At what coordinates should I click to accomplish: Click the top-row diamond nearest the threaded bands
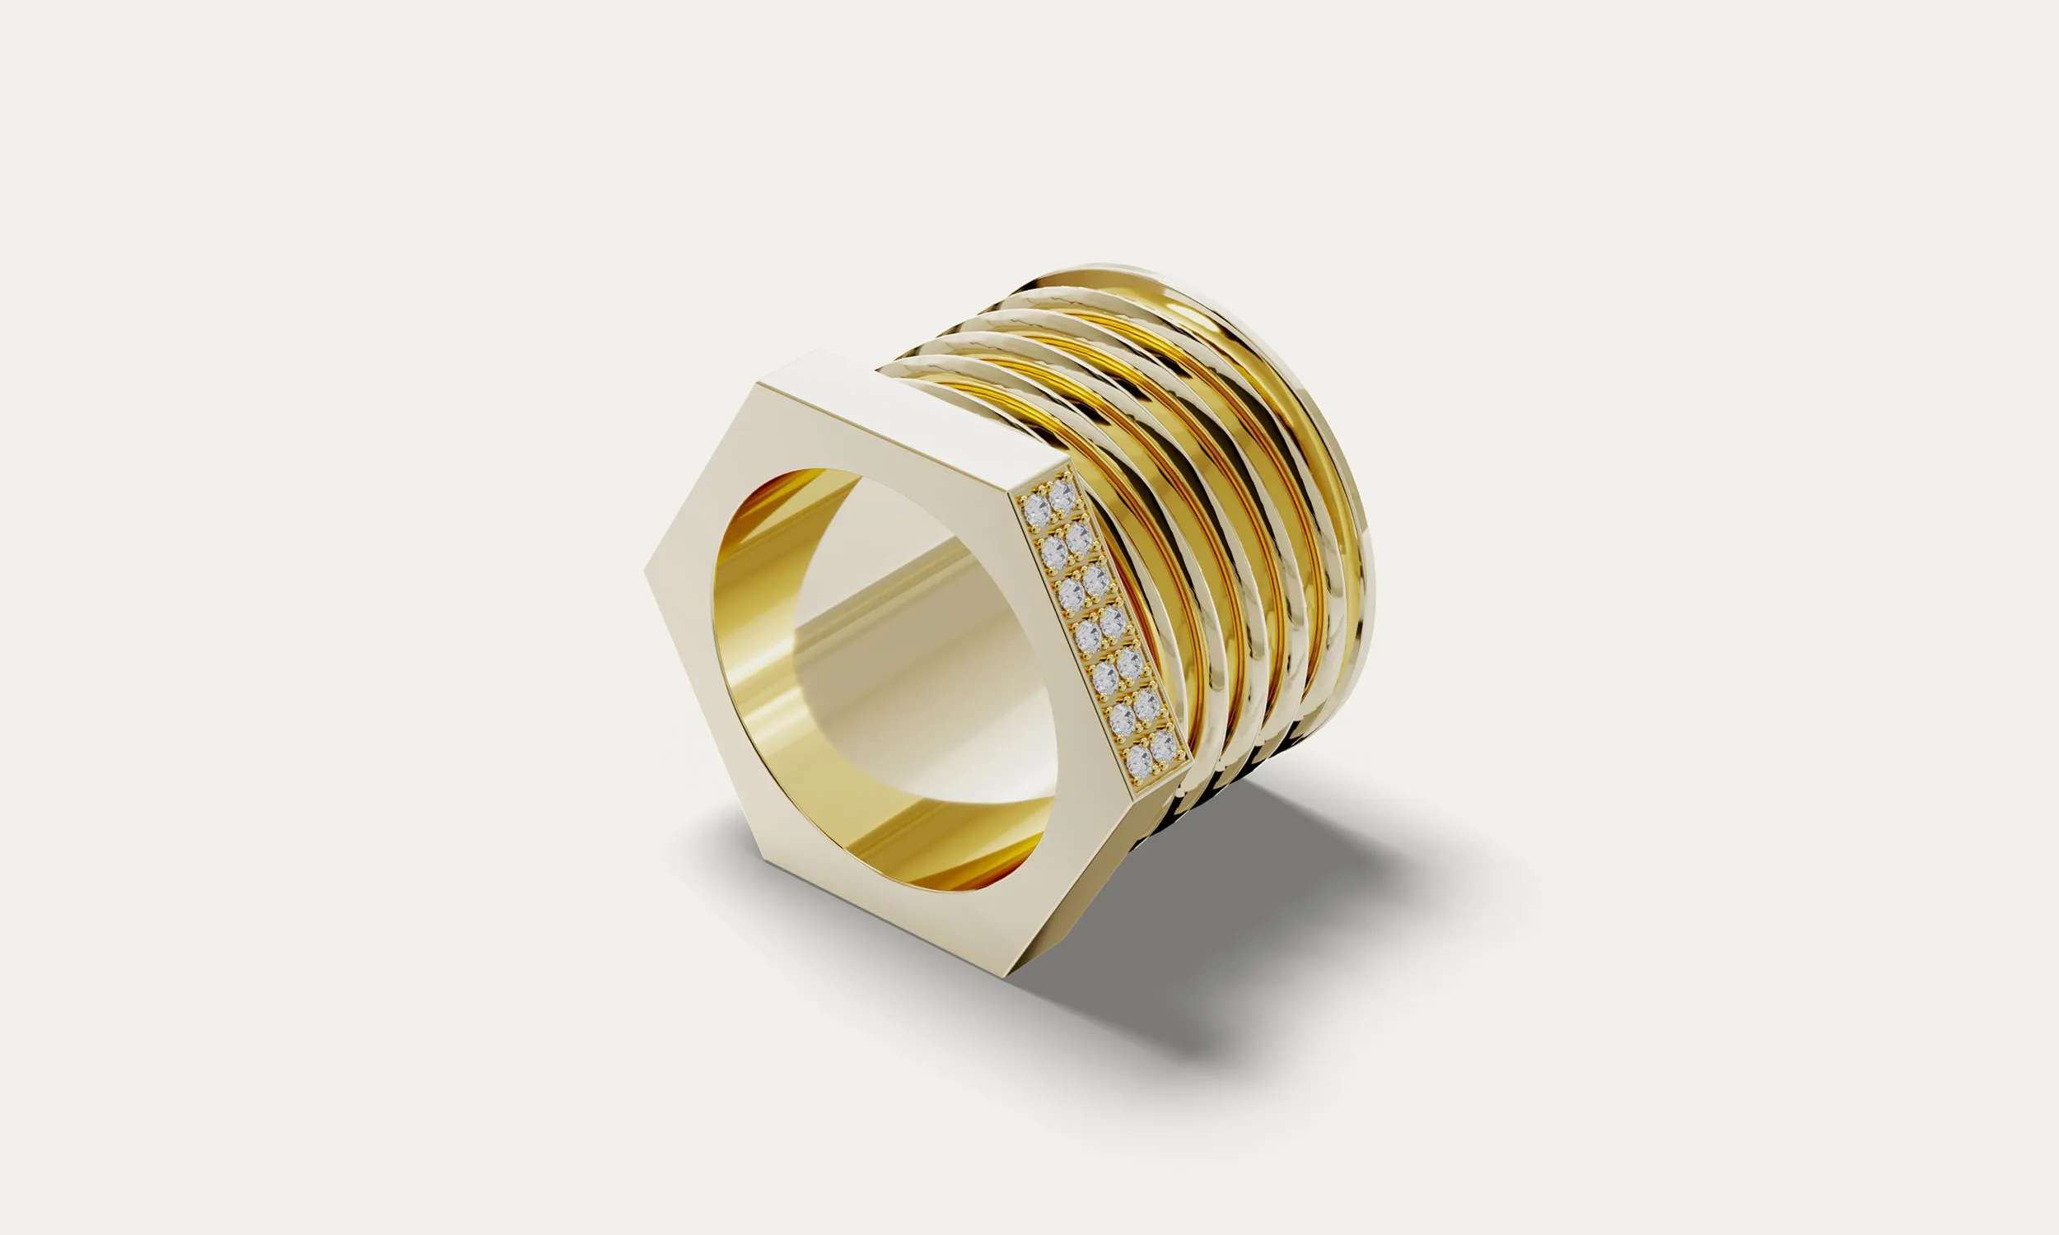[x=1059, y=496]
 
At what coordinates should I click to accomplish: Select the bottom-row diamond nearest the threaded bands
[x=1164, y=747]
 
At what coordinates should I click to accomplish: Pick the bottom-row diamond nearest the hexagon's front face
[x=1139, y=759]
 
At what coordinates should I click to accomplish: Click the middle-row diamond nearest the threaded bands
[x=1112, y=622]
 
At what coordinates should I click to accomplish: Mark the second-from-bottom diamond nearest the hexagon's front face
[x=1123, y=717]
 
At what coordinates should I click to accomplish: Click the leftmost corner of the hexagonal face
[x=647, y=571]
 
